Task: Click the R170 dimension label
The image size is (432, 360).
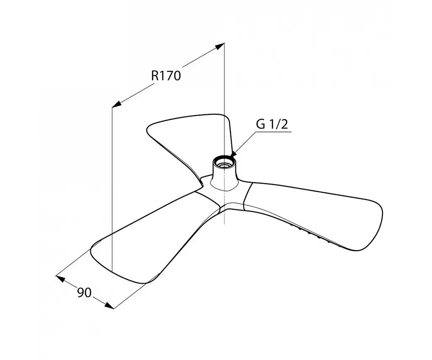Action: point(166,76)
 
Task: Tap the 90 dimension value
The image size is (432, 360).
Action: point(84,292)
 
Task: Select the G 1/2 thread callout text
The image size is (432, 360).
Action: point(272,125)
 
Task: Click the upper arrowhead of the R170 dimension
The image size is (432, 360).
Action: point(219,46)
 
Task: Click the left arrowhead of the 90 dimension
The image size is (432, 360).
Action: point(60,279)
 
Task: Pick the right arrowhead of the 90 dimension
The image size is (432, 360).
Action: point(109,305)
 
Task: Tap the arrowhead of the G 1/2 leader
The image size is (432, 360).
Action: point(234,154)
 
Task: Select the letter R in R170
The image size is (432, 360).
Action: point(154,76)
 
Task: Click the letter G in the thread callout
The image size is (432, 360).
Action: point(260,125)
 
